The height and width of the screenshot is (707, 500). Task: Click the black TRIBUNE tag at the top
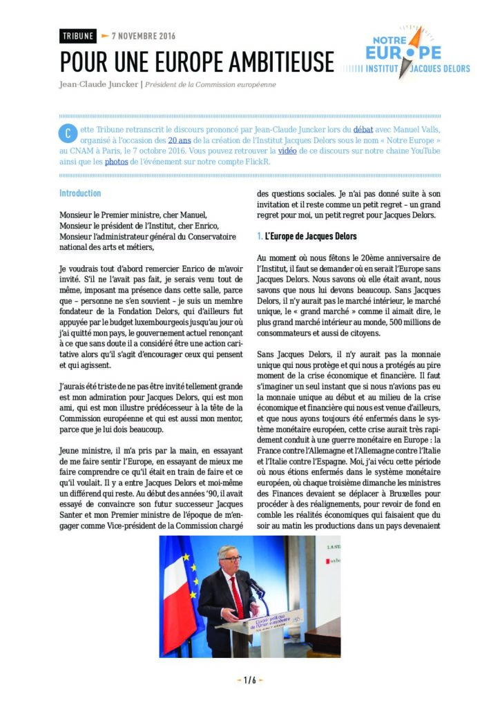(x=77, y=37)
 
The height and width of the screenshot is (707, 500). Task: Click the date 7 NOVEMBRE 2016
(x=143, y=37)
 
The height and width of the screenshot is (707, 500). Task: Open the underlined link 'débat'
(x=364, y=129)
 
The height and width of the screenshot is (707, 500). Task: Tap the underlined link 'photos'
(x=116, y=161)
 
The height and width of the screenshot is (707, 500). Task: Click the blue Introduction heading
(x=80, y=193)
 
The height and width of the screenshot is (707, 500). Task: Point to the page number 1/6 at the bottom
(x=249, y=680)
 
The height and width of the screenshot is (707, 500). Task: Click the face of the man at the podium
(x=229, y=557)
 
